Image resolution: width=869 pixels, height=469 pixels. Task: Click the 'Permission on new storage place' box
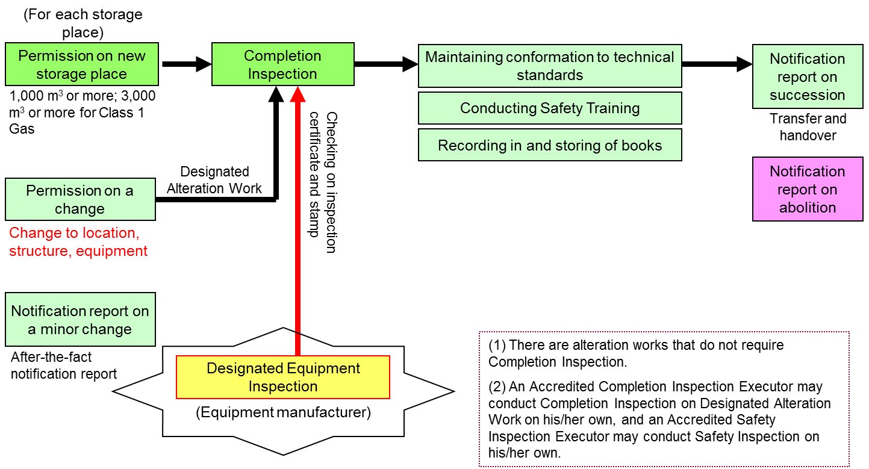[x=82, y=64]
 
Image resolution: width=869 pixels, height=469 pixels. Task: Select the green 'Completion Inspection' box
[x=282, y=64]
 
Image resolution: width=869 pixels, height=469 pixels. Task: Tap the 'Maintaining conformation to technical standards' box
[x=550, y=66]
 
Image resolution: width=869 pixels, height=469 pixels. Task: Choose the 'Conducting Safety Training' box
[x=550, y=108]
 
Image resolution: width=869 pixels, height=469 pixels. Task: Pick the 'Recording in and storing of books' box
[x=550, y=145]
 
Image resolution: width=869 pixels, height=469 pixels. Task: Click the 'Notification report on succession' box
[x=807, y=76]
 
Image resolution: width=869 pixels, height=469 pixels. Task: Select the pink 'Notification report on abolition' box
[x=807, y=189]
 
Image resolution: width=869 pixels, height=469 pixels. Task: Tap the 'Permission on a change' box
[x=80, y=199]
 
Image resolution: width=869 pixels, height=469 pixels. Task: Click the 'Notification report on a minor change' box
[x=80, y=320]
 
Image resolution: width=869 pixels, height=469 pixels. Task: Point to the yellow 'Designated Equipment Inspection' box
[x=282, y=377]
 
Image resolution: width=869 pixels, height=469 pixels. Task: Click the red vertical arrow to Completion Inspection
[x=297, y=229]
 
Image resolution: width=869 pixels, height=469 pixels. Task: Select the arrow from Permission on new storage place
[x=185, y=64]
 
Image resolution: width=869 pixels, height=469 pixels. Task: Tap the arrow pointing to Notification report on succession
[x=717, y=64]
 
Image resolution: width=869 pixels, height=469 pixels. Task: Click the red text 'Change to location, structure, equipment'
[x=78, y=241]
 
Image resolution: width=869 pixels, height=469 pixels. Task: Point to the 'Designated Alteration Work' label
[x=214, y=180]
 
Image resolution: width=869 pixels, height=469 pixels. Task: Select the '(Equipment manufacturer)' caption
[x=283, y=413]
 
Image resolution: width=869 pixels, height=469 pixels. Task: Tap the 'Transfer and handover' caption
[x=808, y=127]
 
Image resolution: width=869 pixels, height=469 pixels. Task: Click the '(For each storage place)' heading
[x=83, y=23]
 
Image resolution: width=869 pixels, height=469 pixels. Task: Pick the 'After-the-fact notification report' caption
[x=64, y=365]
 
